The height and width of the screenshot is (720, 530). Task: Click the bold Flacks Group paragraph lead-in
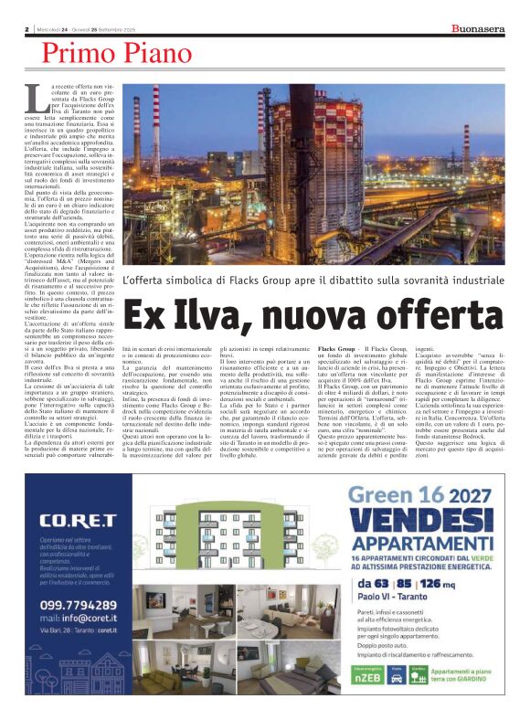coord(362,350)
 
